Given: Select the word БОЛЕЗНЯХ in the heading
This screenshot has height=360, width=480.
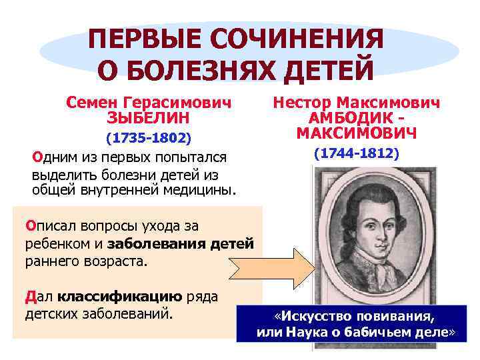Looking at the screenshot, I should [204, 69].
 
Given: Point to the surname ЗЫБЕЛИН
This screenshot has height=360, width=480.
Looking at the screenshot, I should [148, 118].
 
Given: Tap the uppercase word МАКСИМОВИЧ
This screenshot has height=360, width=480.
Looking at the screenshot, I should [357, 133].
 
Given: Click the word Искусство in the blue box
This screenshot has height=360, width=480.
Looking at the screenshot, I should [316, 315].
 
